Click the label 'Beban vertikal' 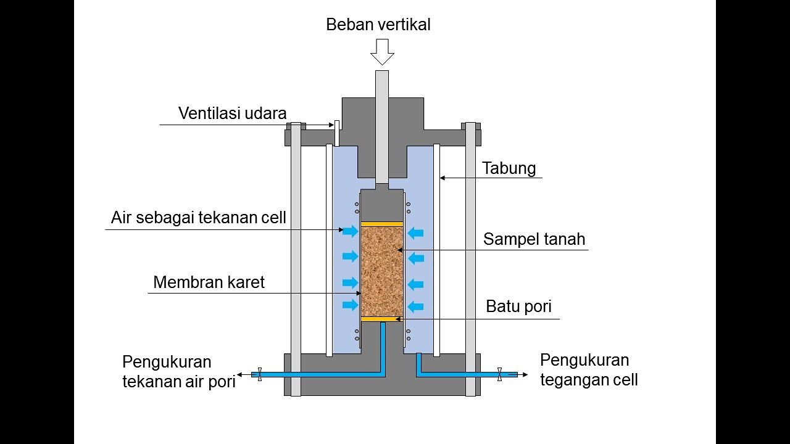pyautogui.click(x=378, y=25)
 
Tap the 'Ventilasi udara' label pyautogui.click(x=233, y=113)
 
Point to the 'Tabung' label pyautogui.click(x=509, y=168)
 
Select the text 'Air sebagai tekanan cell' pyautogui.click(x=199, y=218)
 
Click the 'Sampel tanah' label pyautogui.click(x=534, y=239)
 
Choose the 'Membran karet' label pyautogui.click(x=209, y=282)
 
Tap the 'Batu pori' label pyautogui.click(x=518, y=306)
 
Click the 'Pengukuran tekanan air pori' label pyautogui.click(x=179, y=371)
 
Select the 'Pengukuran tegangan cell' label pyautogui.click(x=589, y=369)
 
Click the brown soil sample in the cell pyautogui.click(x=381, y=271)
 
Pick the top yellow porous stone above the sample pyautogui.click(x=381, y=224)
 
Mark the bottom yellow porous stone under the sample pyautogui.click(x=381, y=319)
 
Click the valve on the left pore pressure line pyautogui.click(x=260, y=374)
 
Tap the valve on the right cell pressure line pyautogui.click(x=499, y=374)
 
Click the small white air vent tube pyautogui.click(x=337, y=133)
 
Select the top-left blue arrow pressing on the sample pyautogui.click(x=350, y=231)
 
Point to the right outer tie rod pyautogui.click(x=471, y=259)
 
